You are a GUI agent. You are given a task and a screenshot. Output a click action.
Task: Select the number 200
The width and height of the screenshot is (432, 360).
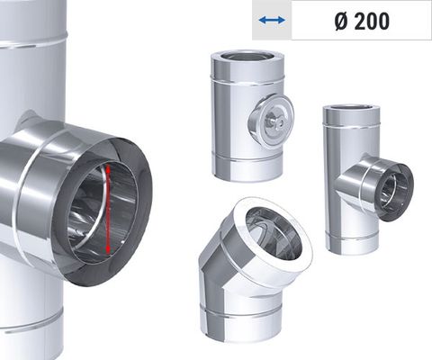[371, 21]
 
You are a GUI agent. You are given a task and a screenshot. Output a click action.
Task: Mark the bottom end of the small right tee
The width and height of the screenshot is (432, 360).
[346, 247]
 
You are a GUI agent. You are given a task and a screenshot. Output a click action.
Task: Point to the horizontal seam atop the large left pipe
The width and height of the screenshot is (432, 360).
[36, 38]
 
